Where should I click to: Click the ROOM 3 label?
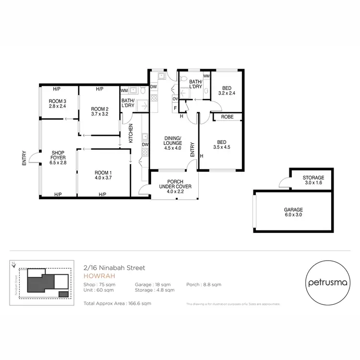58,101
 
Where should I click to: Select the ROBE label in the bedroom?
227,117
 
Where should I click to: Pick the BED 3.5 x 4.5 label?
221,144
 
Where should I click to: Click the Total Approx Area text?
117,303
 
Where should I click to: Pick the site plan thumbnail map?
42,283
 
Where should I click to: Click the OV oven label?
176,99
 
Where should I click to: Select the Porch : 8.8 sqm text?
204,285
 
